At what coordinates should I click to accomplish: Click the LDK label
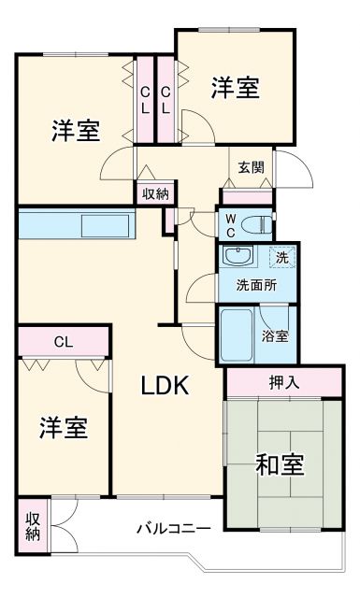pos(166,384)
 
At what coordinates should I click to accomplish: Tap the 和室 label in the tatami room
pos(280,463)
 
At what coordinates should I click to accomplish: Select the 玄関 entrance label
pos(251,168)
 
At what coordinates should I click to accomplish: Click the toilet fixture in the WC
pos(261,224)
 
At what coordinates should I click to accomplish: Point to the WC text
pos(230,224)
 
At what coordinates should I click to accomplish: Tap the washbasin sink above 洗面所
pos(237,257)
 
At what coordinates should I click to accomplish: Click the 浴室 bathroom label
pos(274,335)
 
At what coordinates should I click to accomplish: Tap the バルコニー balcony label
pos(173,529)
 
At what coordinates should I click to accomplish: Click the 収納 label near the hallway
pos(155,193)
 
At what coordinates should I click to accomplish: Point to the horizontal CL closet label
pos(64,341)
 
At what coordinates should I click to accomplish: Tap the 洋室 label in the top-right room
pos(235,90)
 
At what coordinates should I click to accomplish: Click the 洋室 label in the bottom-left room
pos(63,428)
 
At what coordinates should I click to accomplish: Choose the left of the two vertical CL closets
pos(146,99)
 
